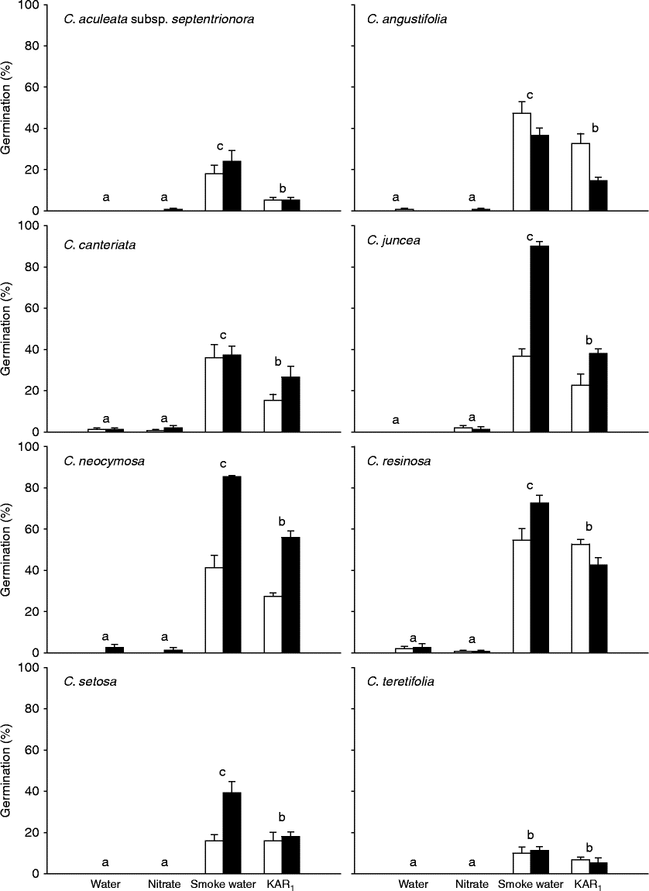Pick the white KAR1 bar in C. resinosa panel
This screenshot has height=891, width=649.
pyautogui.click(x=580, y=597)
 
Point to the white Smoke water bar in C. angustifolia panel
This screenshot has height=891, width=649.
pyautogui.click(x=521, y=162)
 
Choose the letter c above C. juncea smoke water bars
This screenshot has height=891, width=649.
pyautogui.click(x=530, y=237)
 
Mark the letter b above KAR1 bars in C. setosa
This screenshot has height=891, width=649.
pyautogui.click(x=282, y=817)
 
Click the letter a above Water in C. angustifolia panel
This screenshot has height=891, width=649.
pyautogui.click(x=396, y=198)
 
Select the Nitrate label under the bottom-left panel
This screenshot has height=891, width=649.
pyautogui.click(x=164, y=883)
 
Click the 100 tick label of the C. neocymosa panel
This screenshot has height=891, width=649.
pyautogui.click(x=30, y=447)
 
